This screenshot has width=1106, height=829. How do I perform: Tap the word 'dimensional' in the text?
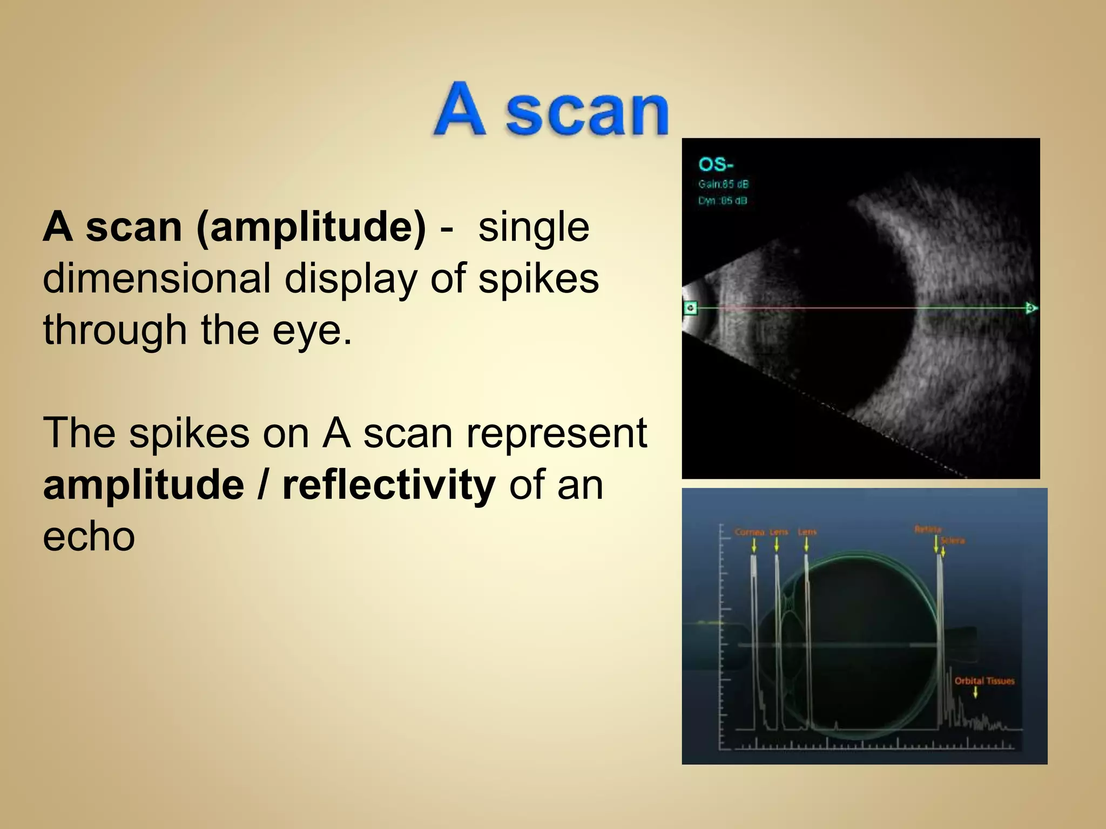(156, 278)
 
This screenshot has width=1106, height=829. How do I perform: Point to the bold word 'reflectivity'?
(389, 485)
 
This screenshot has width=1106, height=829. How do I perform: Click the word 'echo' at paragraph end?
(89, 536)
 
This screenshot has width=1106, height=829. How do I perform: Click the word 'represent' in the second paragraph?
(556, 433)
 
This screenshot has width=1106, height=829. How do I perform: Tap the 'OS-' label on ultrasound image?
(715, 164)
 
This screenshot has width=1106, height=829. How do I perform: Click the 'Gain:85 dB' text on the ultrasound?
(723, 184)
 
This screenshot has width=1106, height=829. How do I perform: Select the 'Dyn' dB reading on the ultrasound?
(723, 201)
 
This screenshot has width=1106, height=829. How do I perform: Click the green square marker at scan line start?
(691, 308)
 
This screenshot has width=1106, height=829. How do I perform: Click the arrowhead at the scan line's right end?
(1031, 308)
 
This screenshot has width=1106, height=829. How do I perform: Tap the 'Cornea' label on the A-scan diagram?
(749, 532)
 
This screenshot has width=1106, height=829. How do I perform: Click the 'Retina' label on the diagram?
(928, 529)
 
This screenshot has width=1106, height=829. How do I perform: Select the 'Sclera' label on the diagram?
(953, 540)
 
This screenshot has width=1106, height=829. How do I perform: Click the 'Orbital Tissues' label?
(984, 681)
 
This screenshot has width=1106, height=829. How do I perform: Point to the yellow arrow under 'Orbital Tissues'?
(975, 692)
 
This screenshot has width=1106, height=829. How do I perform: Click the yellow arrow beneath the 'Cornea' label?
(754, 546)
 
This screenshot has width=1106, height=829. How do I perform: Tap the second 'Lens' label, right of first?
(807, 532)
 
